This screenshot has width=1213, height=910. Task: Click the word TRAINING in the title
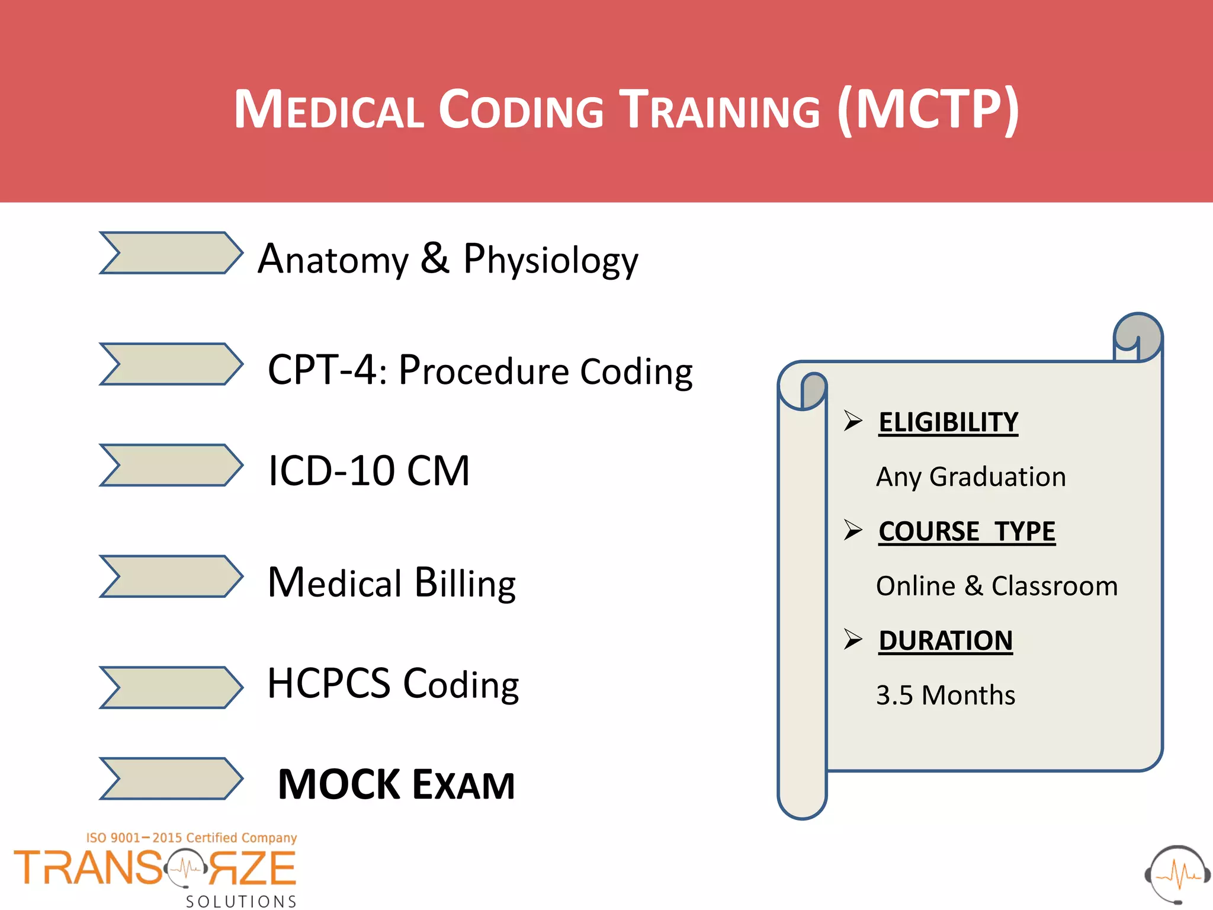point(720,110)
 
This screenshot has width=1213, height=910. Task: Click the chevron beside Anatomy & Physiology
point(171,253)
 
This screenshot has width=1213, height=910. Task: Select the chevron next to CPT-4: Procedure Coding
point(171,364)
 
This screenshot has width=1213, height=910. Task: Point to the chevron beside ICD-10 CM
point(171,465)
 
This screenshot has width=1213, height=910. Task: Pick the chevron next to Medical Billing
point(171,576)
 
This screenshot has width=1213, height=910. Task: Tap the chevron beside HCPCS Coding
point(171,687)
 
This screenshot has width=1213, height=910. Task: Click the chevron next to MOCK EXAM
point(171,778)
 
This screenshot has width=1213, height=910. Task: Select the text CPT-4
point(322,370)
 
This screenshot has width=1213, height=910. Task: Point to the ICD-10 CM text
point(368,471)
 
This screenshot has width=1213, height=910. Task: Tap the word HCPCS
point(329,684)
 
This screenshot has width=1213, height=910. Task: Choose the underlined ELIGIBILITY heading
point(948,422)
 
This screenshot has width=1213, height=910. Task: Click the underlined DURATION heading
point(945,640)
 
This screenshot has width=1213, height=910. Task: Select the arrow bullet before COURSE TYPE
point(853,530)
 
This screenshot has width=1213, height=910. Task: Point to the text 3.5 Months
point(945,695)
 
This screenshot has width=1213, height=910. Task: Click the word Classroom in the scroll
point(1054,586)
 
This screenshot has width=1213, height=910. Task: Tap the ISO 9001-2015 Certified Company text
point(191,838)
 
